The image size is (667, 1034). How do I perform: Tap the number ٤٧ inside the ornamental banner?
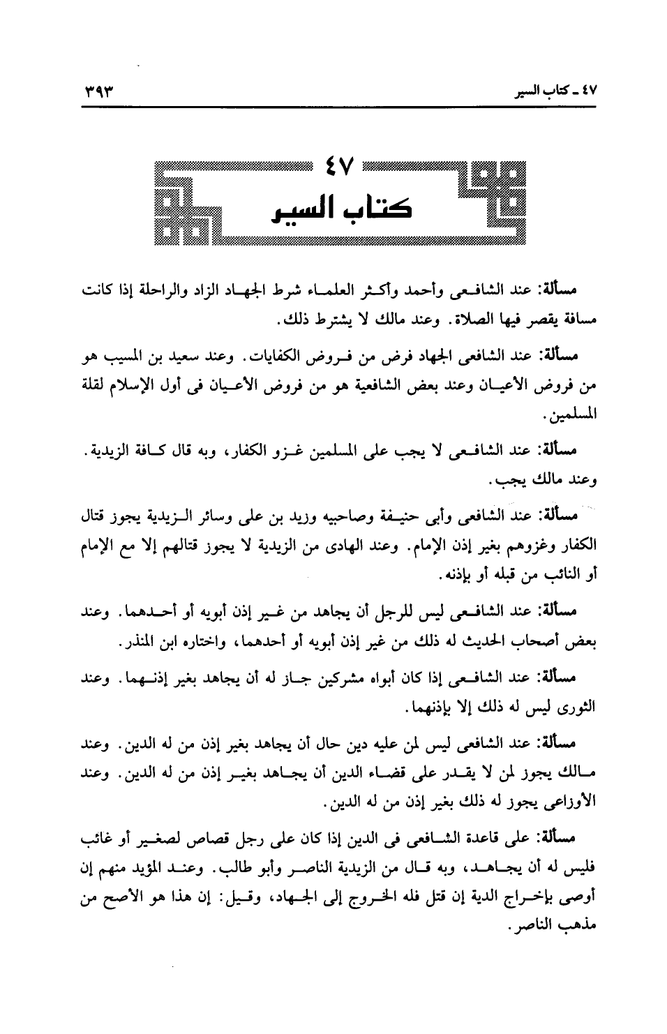tap(340, 169)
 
